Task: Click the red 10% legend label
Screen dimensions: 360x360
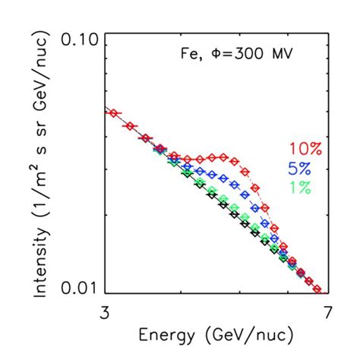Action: (x=305, y=149)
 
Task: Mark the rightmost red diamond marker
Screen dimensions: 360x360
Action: (x=317, y=289)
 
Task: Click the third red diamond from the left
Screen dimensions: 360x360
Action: (x=145, y=138)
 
